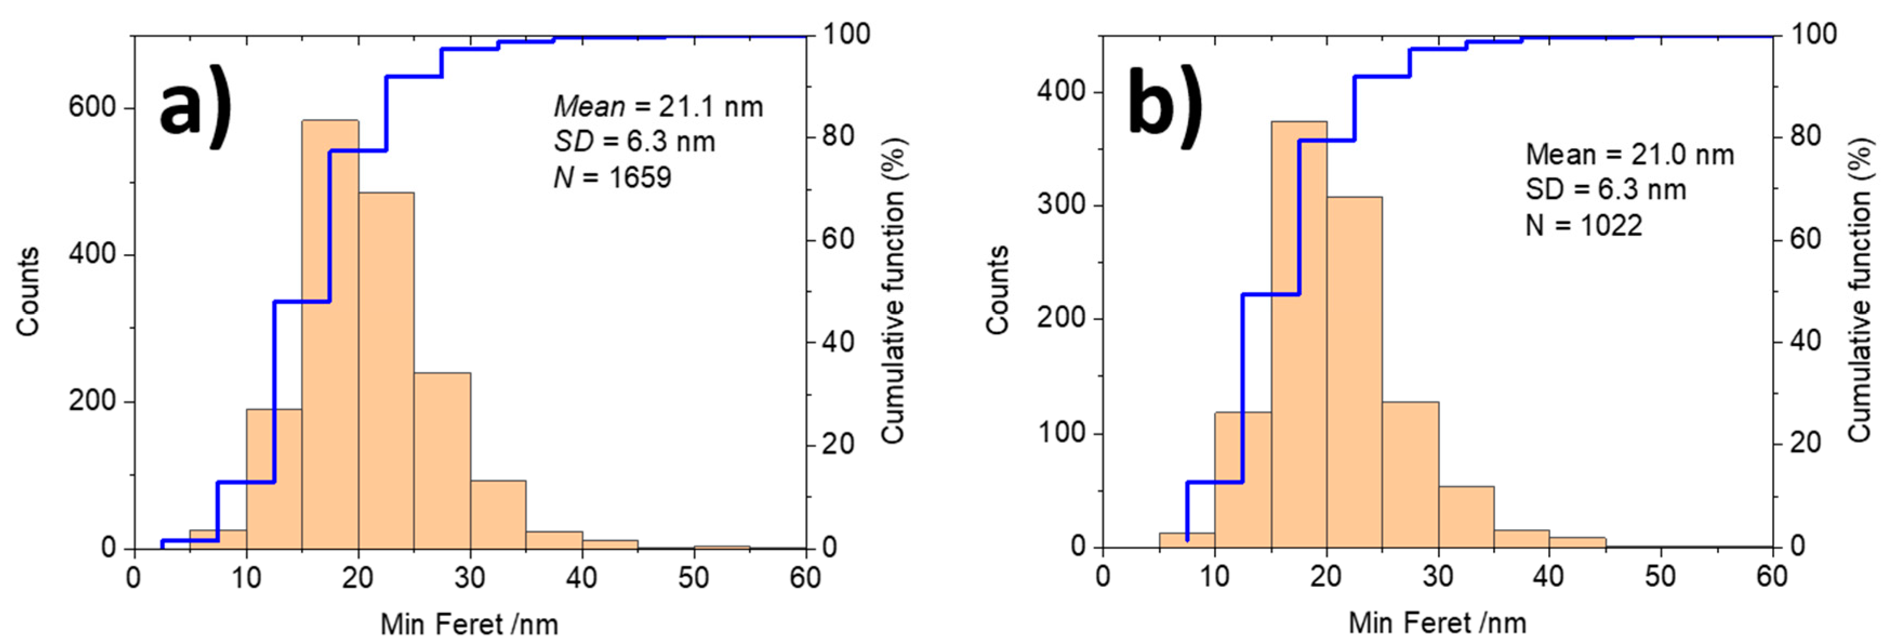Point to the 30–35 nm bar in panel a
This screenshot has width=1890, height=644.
498,514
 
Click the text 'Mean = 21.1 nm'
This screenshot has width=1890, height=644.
658,107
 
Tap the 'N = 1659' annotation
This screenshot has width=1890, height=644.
612,177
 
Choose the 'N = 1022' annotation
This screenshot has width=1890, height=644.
1583,225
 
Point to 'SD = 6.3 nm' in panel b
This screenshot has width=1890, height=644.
1606,190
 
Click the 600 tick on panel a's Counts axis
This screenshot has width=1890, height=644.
92,107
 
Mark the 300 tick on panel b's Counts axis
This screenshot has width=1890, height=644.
1061,204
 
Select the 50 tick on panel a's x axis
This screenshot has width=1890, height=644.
693,578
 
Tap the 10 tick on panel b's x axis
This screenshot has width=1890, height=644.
1213,576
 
